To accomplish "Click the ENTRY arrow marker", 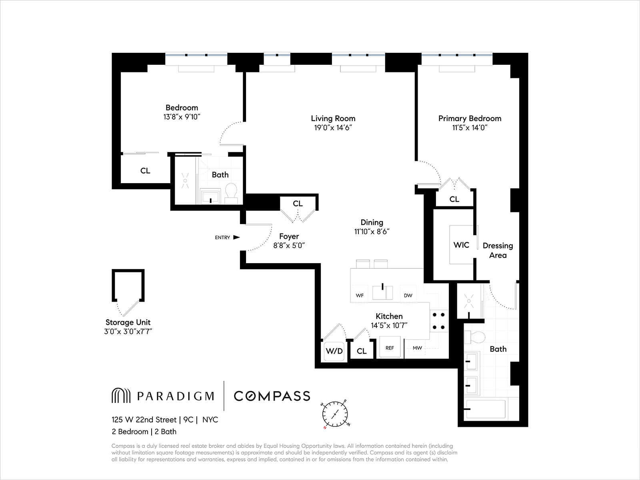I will point(236,237).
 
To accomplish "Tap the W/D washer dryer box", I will point(334,351).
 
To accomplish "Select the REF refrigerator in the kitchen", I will point(390,348).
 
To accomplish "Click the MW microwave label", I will point(417,348).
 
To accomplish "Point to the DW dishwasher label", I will point(408,296).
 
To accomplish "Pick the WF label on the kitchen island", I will point(360,296).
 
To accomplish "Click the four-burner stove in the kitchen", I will point(438,321).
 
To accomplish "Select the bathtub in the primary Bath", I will point(486,409).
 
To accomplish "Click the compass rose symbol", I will point(335,414).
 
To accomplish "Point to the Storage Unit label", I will point(128,322).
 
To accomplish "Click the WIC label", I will point(461,245).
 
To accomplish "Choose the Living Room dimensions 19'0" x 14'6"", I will point(333,128).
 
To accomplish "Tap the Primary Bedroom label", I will point(470,118).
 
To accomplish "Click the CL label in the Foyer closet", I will point(298,204).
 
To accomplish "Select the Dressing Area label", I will point(498,250).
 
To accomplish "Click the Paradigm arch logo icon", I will point(121,396).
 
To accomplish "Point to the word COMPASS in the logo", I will point(272,396).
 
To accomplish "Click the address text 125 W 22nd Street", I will point(144,420).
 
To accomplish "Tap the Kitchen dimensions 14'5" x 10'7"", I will point(389,325).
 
